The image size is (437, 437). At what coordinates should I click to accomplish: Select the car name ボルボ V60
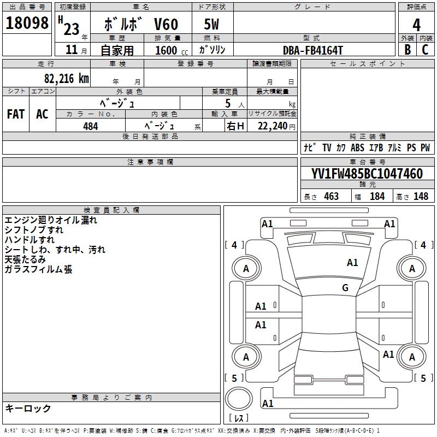[141, 25]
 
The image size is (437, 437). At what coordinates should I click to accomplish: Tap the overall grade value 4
[417, 25]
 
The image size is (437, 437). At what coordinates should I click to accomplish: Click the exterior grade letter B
[407, 50]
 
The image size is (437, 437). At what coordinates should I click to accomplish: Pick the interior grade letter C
[426, 50]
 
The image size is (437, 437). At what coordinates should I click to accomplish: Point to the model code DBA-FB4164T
[313, 50]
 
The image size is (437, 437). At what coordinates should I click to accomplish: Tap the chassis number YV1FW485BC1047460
[367, 174]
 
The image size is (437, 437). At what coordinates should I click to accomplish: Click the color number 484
[91, 126]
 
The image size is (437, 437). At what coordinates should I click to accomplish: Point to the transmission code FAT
[16, 114]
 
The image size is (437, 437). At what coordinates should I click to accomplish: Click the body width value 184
[377, 197]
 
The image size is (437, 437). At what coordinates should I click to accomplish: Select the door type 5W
[212, 25]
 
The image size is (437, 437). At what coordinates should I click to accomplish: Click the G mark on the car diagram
[345, 288]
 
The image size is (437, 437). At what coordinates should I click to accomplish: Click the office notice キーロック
[28, 409]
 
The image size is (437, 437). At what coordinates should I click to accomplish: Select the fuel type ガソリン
[212, 50]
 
